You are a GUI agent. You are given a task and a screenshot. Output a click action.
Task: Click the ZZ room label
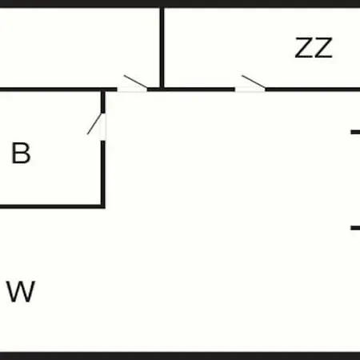click(x=314, y=48)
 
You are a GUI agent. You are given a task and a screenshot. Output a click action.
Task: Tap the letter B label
click(x=21, y=153)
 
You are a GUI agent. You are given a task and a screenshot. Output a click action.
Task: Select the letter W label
click(x=21, y=291)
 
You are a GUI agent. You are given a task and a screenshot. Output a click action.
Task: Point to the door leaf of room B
click(x=94, y=124)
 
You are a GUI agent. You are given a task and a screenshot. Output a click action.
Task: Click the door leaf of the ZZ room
click(x=254, y=82)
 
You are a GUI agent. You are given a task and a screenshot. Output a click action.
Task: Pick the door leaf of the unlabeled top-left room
click(x=136, y=82)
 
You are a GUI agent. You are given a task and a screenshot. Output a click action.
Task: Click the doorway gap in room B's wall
click(x=103, y=127)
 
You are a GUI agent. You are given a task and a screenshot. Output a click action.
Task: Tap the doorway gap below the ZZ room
click(x=250, y=90)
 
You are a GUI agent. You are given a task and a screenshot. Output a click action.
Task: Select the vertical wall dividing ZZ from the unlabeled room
click(x=162, y=47)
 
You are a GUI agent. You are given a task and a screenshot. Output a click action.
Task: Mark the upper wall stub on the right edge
click(x=355, y=132)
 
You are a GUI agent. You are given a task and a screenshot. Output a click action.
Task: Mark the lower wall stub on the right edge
click(x=355, y=228)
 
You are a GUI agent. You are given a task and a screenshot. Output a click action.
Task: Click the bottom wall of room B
click(x=53, y=206)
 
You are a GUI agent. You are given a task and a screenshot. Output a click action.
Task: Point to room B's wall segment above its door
click(x=103, y=102)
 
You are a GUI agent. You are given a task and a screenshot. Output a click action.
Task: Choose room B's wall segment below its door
click(x=103, y=173)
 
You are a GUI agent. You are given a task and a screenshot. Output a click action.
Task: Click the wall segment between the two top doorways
click(x=191, y=90)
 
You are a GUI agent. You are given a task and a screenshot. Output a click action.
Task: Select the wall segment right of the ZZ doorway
click(x=313, y=90)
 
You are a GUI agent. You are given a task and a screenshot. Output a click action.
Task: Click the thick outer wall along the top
click(x=180, y=4)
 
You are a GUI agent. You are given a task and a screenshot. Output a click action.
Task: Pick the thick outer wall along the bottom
click(x=180, y=356)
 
